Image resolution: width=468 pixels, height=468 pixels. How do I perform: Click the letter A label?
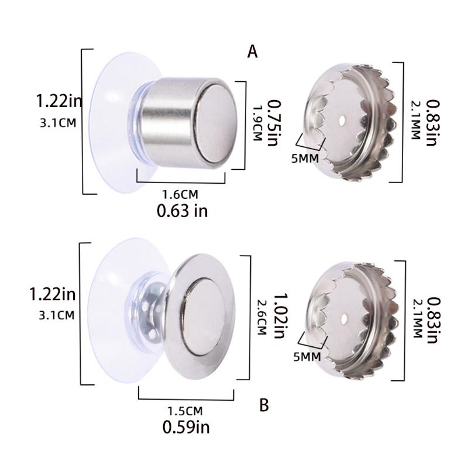point(253,52)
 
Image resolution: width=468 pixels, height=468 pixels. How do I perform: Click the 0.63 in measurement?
point(182,211)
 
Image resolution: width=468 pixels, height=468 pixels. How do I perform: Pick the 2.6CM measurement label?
point(261,316)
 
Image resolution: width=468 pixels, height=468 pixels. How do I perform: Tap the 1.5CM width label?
point(185,410)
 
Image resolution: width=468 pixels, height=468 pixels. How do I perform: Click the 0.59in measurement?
point(186,428)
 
